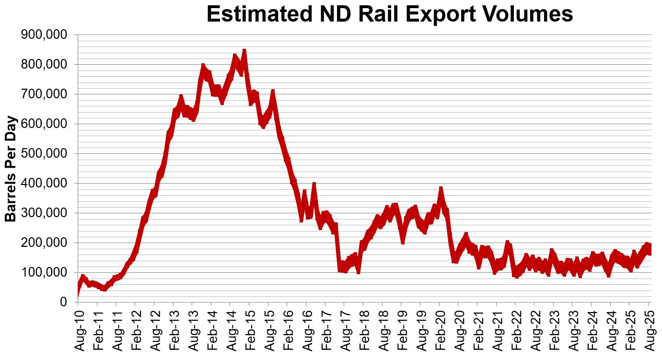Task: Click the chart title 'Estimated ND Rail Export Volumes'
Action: (390, 14)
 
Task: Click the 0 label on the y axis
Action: (63, 302)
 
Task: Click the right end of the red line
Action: (650, 249)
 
